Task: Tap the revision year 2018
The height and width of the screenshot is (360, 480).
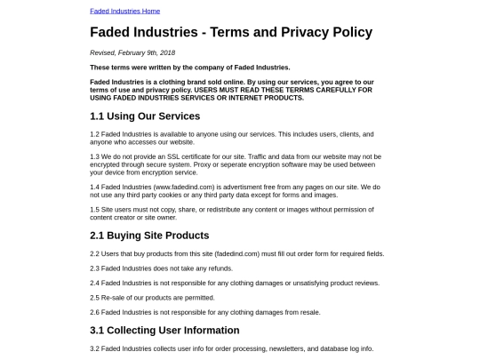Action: [166, 53]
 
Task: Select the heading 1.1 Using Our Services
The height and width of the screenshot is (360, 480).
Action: [145, 116]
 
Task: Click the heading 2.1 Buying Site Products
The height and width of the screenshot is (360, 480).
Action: [149, 236]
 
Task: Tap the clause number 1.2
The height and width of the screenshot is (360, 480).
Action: [94, 134]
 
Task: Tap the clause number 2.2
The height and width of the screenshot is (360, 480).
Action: [94, 253]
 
